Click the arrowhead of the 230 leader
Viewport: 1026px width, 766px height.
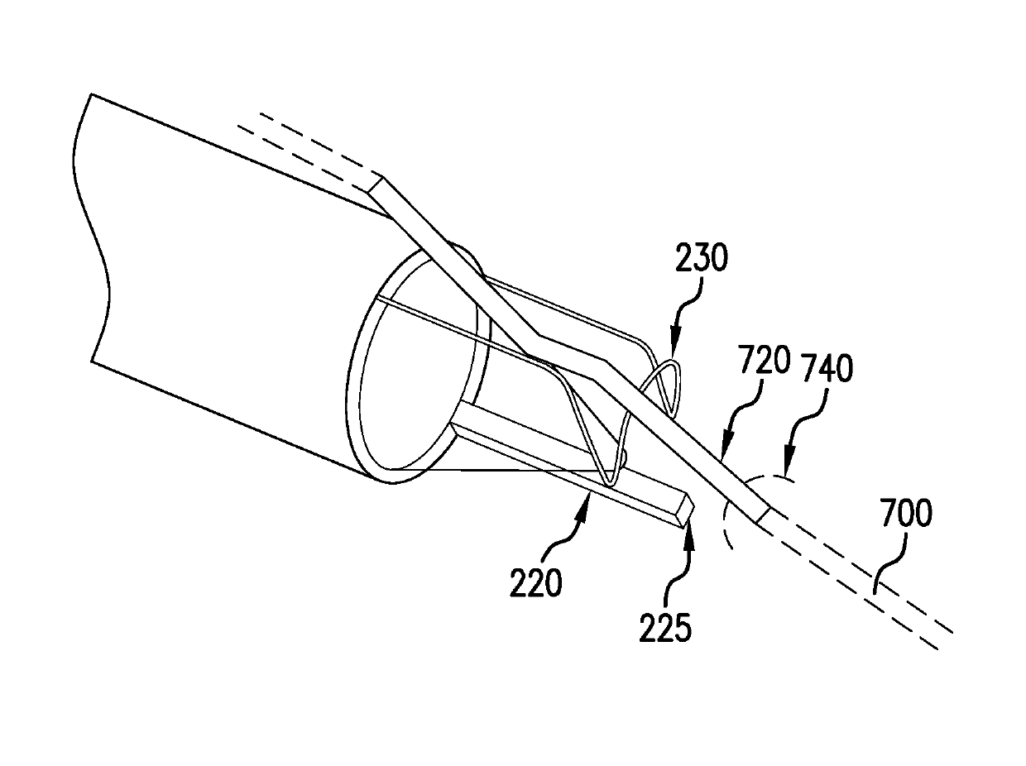tap(673, 336)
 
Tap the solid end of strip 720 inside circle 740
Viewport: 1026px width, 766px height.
tap(762, 516)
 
